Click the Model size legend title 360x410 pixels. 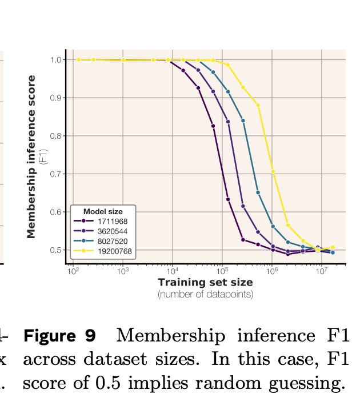[103, 211]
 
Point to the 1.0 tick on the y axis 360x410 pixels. [56, 60]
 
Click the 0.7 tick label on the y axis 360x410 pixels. [56, 174]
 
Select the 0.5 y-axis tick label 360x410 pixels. [56, 250]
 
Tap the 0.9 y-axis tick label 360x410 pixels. [56, 98]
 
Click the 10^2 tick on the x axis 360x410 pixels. [73, 272]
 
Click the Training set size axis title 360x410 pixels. [205, 282]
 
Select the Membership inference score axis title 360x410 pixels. [32, 156]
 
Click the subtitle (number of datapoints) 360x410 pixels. [205, 294]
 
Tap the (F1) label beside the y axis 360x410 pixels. [43, 156]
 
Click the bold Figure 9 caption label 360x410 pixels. [59, 336]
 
